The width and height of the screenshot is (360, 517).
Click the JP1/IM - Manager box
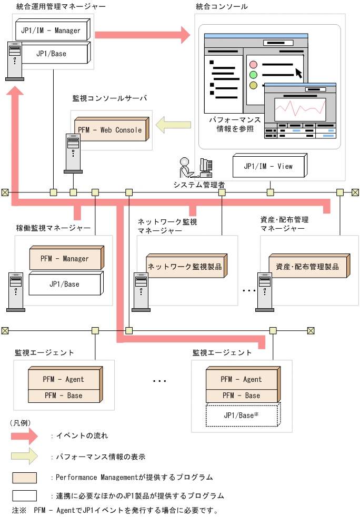(x=51, y=30)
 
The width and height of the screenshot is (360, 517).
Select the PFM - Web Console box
(x=109, y=130)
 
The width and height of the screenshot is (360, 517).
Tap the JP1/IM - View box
(x=268, y=166)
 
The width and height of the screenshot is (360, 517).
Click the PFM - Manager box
(x=65, y=259)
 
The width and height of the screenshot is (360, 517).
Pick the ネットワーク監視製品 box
(x=184, y=267)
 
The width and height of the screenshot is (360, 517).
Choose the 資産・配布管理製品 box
(x=307, y=267)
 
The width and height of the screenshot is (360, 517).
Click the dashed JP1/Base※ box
(x=242, y=415)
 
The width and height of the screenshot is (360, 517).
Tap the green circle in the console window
(x=253, y=75)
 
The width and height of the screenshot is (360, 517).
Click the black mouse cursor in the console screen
(x=299, y=72)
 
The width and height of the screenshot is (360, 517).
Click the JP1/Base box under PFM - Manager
(x=64, y=284)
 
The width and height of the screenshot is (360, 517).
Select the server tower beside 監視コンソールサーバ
(x=73, y=153)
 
